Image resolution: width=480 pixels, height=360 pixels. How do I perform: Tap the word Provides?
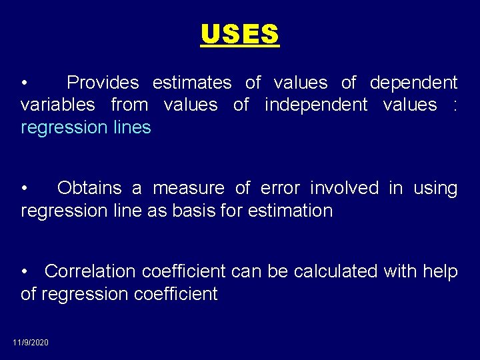coord(103,83)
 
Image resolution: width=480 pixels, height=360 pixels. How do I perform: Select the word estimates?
coord(192,83)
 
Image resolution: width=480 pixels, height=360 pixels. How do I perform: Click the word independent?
coord(316,105)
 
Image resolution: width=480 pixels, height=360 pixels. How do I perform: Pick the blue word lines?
coord(132,127)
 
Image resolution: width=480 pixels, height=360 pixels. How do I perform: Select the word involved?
coord(344,188)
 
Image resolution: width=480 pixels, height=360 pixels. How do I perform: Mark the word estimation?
coord(290,211)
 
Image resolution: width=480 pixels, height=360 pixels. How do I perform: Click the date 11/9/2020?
coord(31,342)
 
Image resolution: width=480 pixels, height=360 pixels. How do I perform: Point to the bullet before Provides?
coord(24,83)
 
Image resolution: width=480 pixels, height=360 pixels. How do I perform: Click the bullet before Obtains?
coord(24,189)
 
